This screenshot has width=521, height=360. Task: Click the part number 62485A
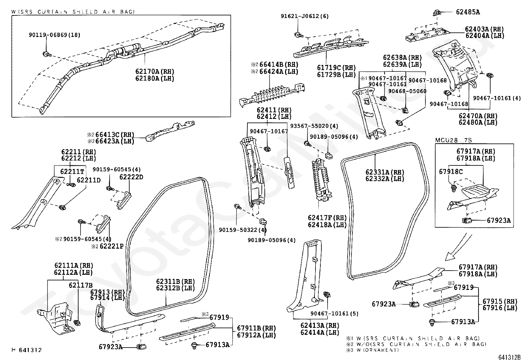468,12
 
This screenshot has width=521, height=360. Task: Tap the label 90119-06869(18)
54,35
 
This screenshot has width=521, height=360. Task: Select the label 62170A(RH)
154,71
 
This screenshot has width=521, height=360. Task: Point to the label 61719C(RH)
336,68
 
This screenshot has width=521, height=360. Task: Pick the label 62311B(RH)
175,281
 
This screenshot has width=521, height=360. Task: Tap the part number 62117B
81,285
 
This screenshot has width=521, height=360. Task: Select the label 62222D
131,177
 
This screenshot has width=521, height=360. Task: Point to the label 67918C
451,171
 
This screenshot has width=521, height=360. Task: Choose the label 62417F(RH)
327,218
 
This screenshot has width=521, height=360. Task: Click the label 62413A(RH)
320,326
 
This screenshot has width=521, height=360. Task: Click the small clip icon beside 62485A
437,12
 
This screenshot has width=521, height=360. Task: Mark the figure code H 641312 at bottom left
27,350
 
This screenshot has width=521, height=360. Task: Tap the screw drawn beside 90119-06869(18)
46,54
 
